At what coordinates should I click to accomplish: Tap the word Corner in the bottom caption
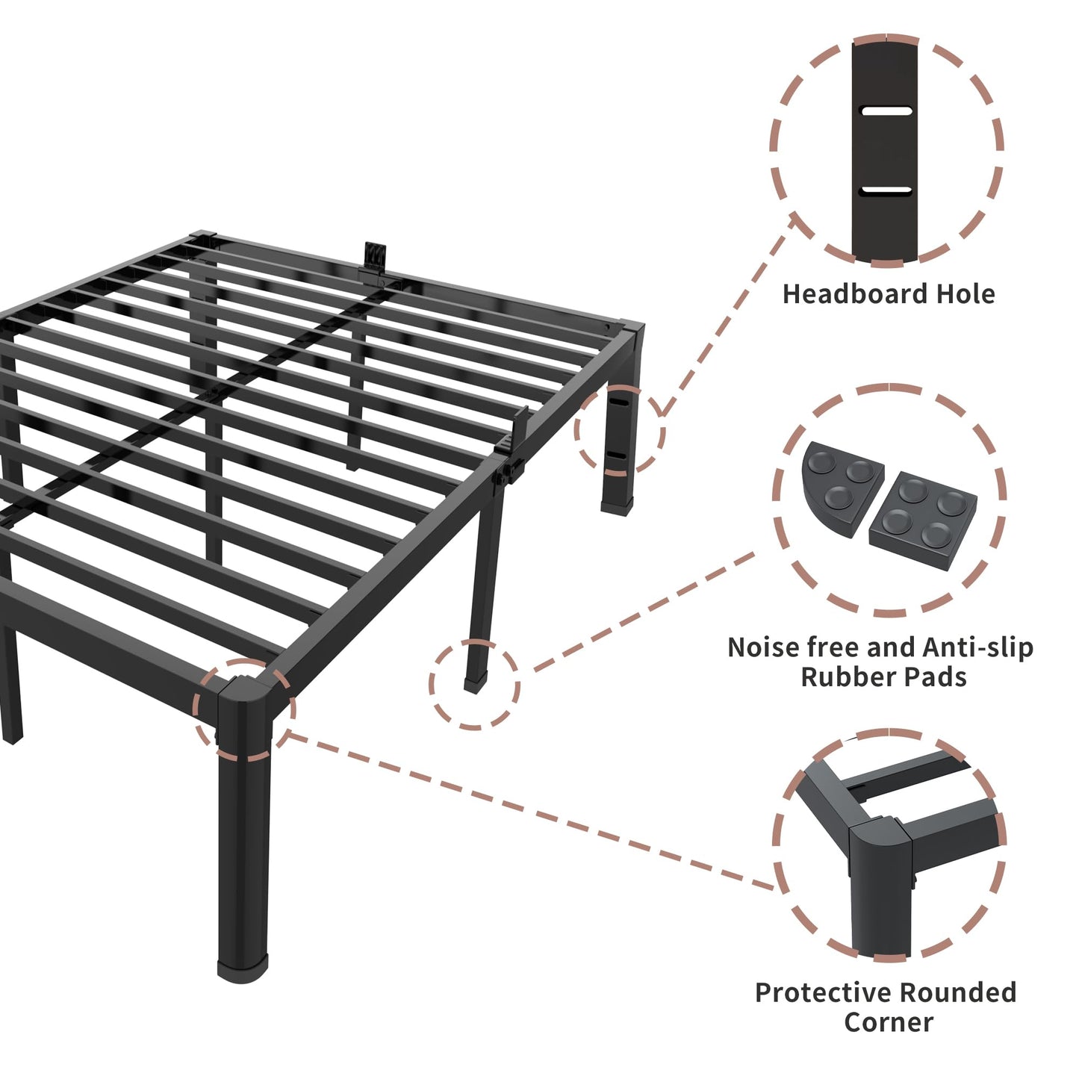[889, 1022]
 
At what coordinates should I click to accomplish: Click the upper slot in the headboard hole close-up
[886, 111]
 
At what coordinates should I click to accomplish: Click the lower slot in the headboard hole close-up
[886, 190]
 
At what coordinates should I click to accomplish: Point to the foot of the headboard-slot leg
[617, 508]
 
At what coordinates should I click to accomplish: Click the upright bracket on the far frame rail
[375, 257]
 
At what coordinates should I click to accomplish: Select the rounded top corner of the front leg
[243, 691]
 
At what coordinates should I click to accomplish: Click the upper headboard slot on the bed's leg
[619, 401]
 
